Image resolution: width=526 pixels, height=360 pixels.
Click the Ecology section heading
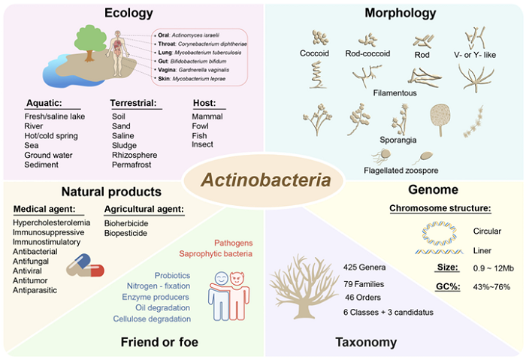[129, 14]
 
